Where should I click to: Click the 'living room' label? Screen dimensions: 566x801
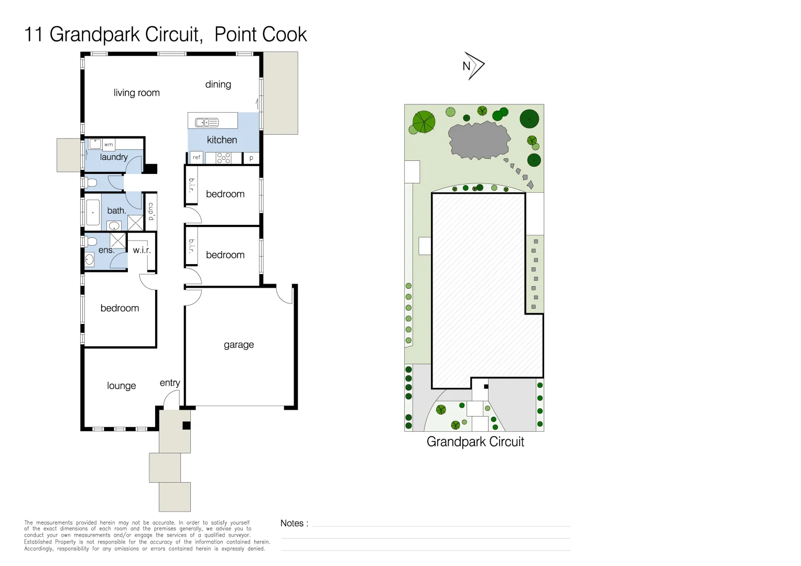tap(136, 93)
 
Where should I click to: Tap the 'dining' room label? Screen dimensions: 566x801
tap(218, 84)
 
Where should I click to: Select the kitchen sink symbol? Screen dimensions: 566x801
tap(207, 123)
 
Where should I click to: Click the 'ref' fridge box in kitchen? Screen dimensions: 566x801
tap(197, 157)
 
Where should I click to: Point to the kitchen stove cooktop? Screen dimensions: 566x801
tap(223, 158)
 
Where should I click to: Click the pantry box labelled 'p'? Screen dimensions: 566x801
tap(251, 158)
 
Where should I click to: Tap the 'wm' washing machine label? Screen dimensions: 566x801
tap(109, 145)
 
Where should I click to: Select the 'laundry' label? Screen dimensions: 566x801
tap(114, 157)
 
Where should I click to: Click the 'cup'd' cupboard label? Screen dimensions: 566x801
tap(151, 211)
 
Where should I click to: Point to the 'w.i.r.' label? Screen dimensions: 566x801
tap(142, 251)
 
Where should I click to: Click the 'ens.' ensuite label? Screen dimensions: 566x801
tap(106, 251)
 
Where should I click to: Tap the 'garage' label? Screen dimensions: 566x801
tap(239, 345)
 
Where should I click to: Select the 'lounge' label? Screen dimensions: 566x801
tap(121, 386)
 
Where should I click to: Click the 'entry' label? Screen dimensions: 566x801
tap(169, 383)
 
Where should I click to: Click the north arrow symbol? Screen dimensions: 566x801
tap(473, 66)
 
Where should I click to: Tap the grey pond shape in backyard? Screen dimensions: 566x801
tap(479, 139)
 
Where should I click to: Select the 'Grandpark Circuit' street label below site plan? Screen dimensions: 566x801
tap(475, 442)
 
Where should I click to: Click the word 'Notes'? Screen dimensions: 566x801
tap(292, 523)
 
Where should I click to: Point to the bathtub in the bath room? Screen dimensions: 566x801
tap(93, 212)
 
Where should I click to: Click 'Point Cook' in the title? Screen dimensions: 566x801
tap(261, 35)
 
